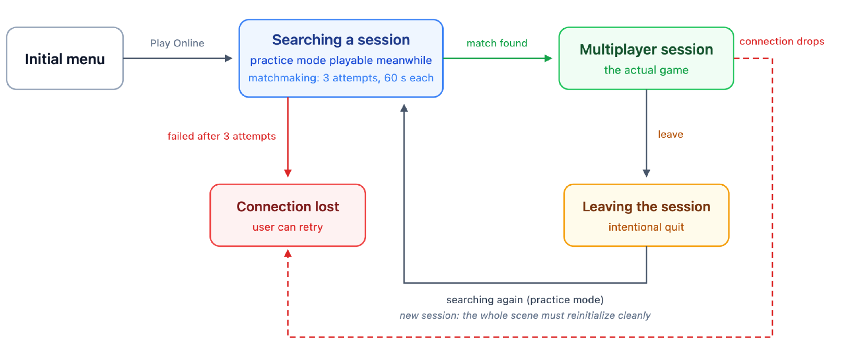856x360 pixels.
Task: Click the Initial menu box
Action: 65,58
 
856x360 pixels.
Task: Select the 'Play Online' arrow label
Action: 177,43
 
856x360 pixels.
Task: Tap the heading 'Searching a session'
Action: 341,40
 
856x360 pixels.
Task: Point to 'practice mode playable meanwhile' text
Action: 341,61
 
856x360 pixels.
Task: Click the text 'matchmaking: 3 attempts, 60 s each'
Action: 341,78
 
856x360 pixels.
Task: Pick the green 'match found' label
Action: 497,43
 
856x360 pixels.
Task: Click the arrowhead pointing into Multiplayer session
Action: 549,58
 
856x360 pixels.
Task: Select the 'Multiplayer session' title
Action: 646,50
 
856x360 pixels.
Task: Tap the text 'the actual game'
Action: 646,70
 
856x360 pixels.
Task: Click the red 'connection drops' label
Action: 782,41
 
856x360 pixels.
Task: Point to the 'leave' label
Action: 670,134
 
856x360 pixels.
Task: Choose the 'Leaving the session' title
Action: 646,207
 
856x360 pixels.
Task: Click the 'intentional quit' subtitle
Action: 646,227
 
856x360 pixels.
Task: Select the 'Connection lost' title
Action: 288,207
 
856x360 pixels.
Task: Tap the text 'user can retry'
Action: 288,227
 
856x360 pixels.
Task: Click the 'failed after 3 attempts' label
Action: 222,136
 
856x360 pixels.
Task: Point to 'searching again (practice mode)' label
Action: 525,299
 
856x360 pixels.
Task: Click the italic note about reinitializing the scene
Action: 525,316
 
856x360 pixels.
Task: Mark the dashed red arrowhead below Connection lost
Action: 288,254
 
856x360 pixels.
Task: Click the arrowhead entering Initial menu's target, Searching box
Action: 229,58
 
